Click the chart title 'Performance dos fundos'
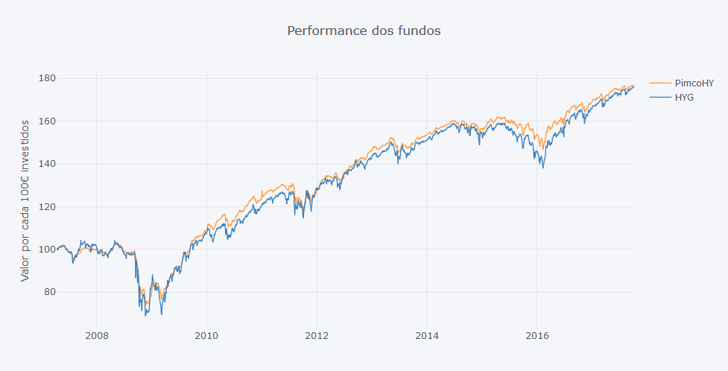(364, 31)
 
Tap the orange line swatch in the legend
(659, 83)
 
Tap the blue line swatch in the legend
(659, 97)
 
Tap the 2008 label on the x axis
(96, 336)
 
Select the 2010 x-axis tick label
(206, 336)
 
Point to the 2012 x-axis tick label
(317, 336)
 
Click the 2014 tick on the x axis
(427, 336)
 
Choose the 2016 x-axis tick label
(537, 336)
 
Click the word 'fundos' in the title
(420, 31)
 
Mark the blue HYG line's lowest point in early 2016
(542, 168)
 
